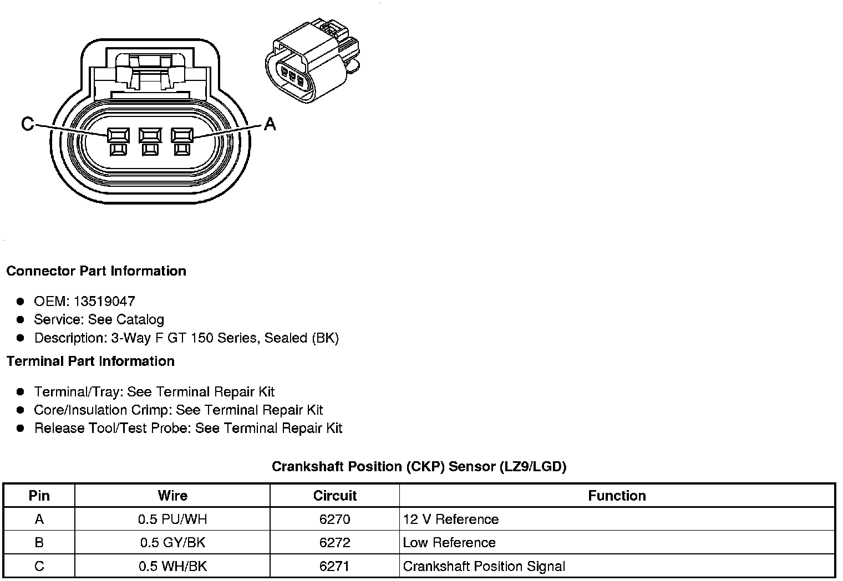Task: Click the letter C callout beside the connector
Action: (x=27, y=124)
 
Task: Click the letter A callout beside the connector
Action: (x=270, y=124)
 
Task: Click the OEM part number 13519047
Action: (x=104, y=302)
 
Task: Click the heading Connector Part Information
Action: (x=96, y=271)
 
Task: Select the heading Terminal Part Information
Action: (x=90, y=361)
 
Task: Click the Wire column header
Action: (x=172, y=496)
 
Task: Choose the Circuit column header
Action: (x=334, y=496)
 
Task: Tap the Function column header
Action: (x=617, y=496)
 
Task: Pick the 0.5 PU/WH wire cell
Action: (x=172, y=519)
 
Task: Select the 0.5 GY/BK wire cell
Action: (x=172, y=543)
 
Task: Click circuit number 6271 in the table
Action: (x=334, y=566)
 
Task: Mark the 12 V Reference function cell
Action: (x=450, y=519)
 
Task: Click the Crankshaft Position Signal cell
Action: (x=484, y=566)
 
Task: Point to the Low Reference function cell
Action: (x=449, y=543)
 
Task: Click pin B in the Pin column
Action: (x=39, y=543)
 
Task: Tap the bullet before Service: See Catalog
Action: (x=21, y=320)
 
